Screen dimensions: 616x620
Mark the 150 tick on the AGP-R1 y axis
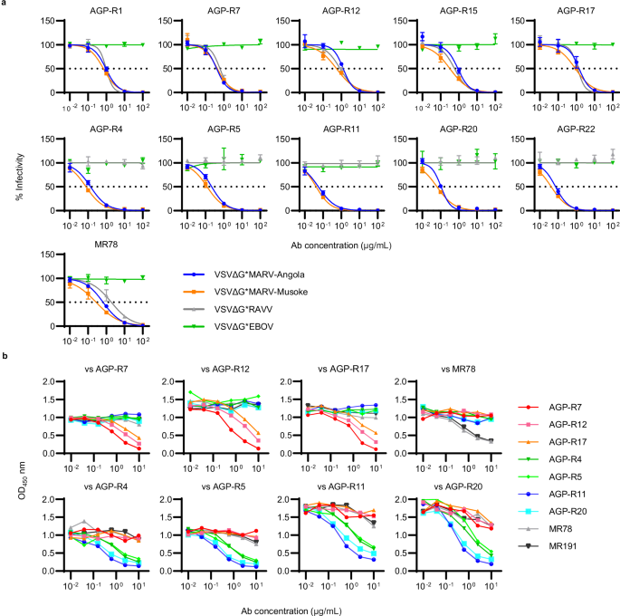click(x=53, y=21)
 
